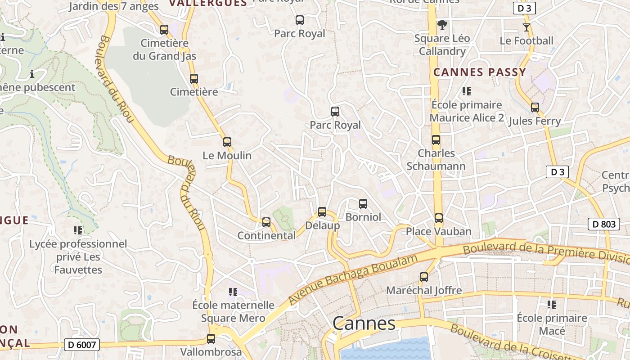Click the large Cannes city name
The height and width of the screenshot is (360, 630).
pyautogui.click(x=364, y=324)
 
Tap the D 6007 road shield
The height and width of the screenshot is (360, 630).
pyautogui.click(x=81, y=345)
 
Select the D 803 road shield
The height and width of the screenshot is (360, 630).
pyautogui.click(x=603, y=224)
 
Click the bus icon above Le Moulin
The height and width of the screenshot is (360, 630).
pyautogui.click(x=227, y=142)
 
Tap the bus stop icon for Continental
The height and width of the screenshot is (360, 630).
pyautogui.click(x=266, y=222)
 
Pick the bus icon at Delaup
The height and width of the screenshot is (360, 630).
pyautogui.click(x=322, y=212)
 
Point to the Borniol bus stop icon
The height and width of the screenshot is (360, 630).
pyautogui.click(x=363, y=204)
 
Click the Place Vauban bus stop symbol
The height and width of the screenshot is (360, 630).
pyautogui.click(x=439, y=218)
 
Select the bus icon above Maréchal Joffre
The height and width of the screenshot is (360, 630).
pyautogui.click(x=424, y=277)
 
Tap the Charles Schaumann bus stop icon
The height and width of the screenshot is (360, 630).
pyautogui.click(x=436, y=140)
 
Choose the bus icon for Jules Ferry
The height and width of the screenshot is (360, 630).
pyautogui.click(x=535, y=108)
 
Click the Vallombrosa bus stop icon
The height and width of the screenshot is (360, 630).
pyautogui.click(x=211, y=339)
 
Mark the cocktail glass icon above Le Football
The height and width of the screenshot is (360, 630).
pyautogui.click(x=526, y=27)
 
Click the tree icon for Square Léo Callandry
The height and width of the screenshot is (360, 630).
pyautogui.click(x=442, y=25)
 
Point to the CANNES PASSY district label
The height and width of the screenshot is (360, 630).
pyautogui.click(x=479, y=72)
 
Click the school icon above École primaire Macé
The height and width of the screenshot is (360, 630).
pyautogui.click(x=552, y=305)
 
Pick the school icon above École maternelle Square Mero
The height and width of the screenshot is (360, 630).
pyautogui.click(x=233, y=292)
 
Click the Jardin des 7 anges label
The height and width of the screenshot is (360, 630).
pyautogui.click(x=114, y=6)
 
